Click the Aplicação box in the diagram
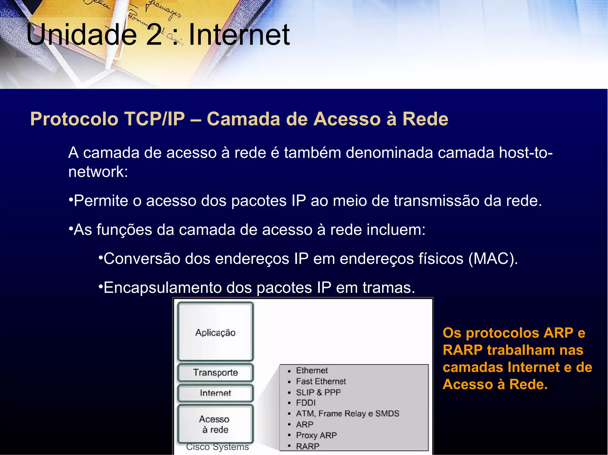point(216,332)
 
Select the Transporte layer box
point(216,372)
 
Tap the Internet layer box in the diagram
point(216,393)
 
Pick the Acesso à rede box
point(215,424)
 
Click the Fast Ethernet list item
point(321,381)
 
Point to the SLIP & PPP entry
point(318,392)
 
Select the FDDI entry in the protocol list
point(306,403)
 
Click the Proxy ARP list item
point(316,435)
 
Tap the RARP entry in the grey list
point(308,446)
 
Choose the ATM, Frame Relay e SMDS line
point(347,414)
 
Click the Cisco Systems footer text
point(217,447)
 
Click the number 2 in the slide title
point(154,35)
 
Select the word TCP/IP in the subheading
point(155,119)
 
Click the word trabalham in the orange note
point(521,350)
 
